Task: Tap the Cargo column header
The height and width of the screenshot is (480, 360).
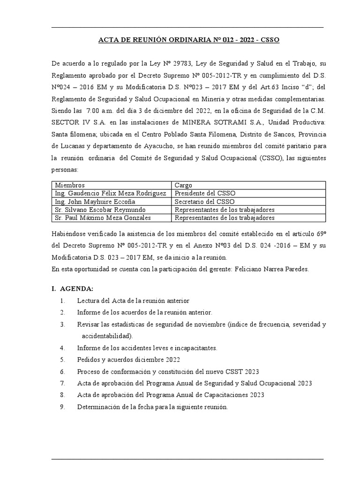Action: coord(183,185)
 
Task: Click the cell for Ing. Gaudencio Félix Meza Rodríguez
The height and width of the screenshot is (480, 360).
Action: coord(111,193)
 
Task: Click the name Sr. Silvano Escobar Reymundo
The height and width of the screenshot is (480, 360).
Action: coord(100,210)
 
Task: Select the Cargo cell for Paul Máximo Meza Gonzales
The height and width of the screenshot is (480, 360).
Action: coord(224,217)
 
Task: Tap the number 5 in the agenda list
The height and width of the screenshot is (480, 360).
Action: coord(62,360)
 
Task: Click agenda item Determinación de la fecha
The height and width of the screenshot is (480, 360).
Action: coord(152,407)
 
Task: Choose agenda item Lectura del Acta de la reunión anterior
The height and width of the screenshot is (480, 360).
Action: coord(133,300)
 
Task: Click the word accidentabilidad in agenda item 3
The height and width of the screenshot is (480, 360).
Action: coord(107,336)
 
